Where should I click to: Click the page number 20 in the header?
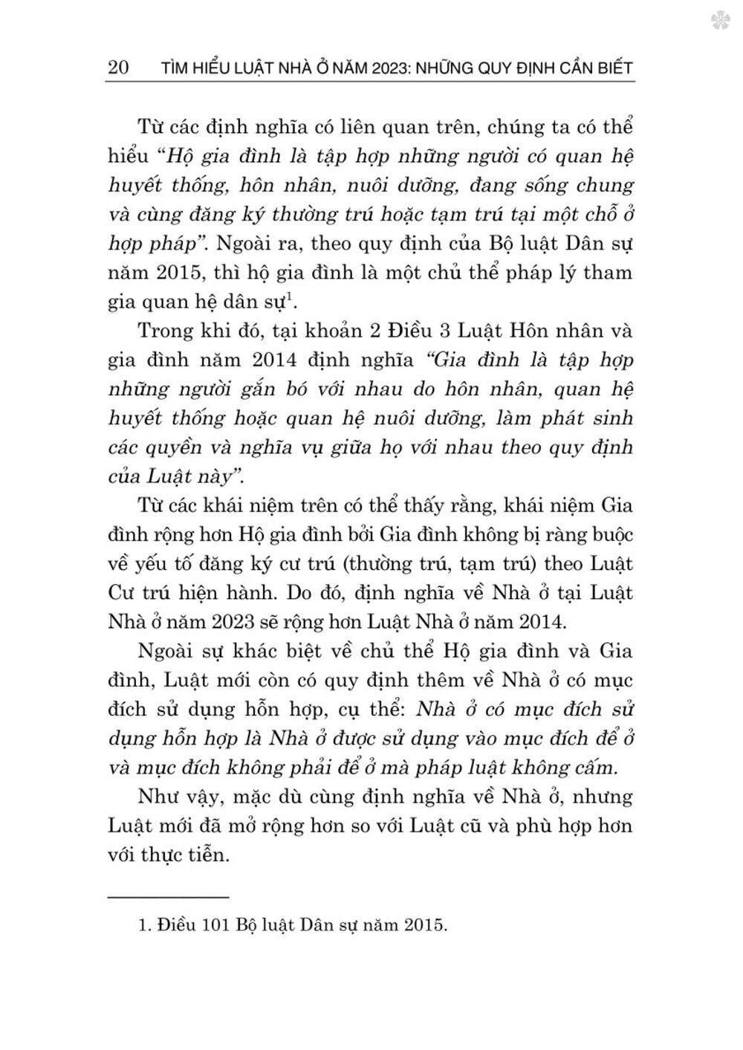119,68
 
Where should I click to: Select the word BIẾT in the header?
611,68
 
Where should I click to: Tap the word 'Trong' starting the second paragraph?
164,331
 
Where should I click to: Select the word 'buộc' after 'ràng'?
609,535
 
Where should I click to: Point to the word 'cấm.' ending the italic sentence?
607,767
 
